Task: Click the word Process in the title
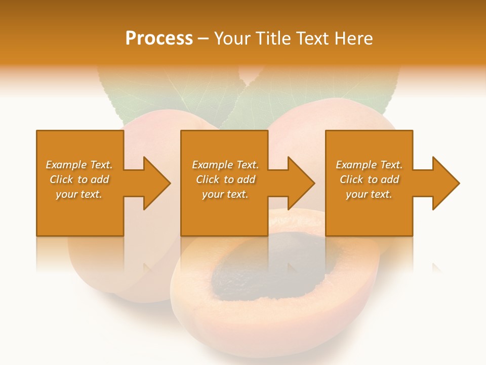click(x=159, y=39)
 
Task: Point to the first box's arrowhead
click(x=154, y=183)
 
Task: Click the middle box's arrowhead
click(x=298, y=183)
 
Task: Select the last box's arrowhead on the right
click(x=443, y=183)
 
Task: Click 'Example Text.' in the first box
click(x=79, y=165)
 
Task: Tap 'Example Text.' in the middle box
click(x=225, y=165)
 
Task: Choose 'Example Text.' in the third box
click(x=369, y=165)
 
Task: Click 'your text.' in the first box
click(x=79, y=194)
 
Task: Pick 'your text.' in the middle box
click(x=225, y=194)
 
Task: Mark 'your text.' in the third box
click(x=369, y=194)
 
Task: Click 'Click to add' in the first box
click(x=79, y=179)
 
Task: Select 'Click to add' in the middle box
click(x=225, y=179)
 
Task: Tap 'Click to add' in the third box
click(x=369, y=179)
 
